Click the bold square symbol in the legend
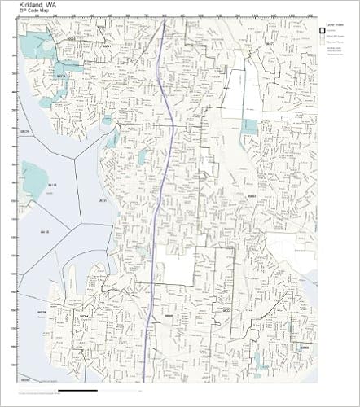(x=323, y=32)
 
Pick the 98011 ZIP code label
(x=106, y=46)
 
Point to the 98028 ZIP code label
(x=71, y=37)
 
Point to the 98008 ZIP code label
(x=303, y=346)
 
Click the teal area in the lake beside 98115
(x=34, y=181)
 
